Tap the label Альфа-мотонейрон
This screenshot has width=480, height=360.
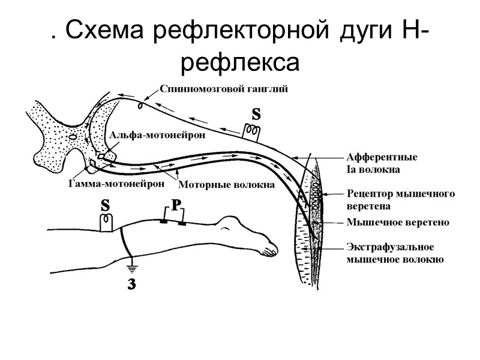tap(157, 135)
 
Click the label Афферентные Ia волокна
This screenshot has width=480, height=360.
tap(382, 163)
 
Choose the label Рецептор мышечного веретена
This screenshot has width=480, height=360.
tap(401, 199)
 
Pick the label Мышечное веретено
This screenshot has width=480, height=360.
tap(398, 222)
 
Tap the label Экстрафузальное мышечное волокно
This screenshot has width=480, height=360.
tap(395, 253)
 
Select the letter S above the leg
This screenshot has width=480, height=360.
tap(106, 205)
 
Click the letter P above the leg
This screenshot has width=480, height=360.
tap(176, 205)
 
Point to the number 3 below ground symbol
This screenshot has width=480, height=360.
tap(131, 285)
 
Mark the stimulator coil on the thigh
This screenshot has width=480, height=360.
tap(107, 223)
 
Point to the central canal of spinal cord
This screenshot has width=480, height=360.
tap(72, 137)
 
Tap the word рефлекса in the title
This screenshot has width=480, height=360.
tap(239, 61)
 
